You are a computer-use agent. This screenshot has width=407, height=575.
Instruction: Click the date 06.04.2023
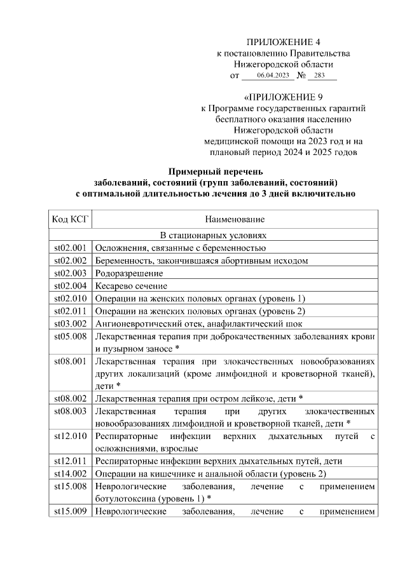click(268, 76)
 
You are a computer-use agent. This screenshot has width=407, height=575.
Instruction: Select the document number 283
click(319, 76)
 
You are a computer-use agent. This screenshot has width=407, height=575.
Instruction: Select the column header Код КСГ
click(70, 219)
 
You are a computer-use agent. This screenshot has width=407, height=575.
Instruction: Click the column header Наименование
click(235, 219)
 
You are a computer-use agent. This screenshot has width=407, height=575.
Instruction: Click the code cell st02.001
click(70, 248)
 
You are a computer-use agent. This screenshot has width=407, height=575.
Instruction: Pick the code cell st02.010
click(70, 299)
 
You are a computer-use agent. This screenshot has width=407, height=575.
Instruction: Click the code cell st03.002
click(70, 324)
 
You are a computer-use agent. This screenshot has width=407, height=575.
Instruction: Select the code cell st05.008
click(70, 337)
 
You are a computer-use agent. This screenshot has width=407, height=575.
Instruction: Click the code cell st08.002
click(70, 398)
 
